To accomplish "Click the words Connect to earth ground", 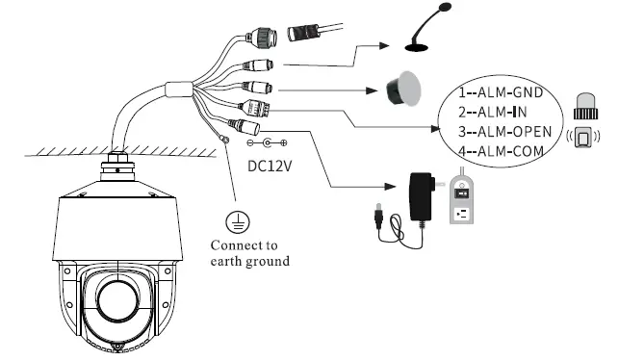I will tap(249, 252).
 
